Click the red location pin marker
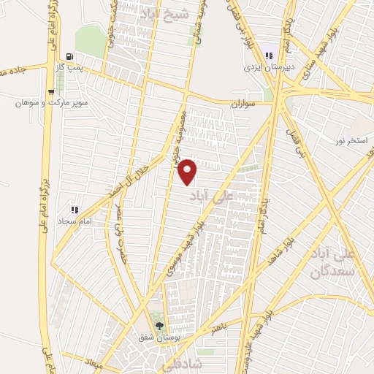[188, 171]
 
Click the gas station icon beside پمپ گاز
[69, 56]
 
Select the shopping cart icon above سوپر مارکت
[50, 92]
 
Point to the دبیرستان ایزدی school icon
[268, 56]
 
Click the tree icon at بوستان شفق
[159, 327]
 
